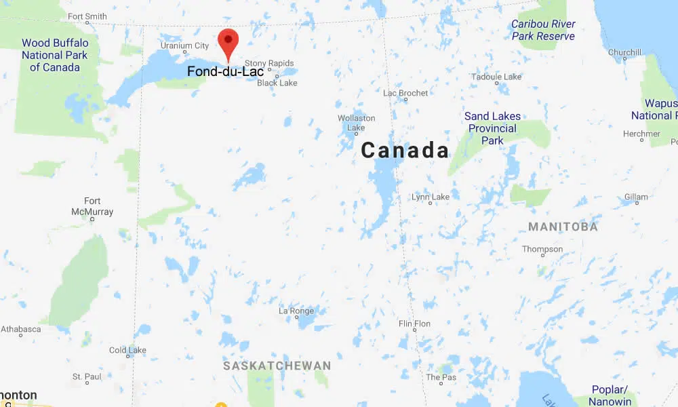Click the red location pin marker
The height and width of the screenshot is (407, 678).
click(228, 43)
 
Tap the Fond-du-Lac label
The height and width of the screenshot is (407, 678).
click(226, 71)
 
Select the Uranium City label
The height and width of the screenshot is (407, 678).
click(184, 46)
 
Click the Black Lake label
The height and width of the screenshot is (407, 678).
click(277, 83)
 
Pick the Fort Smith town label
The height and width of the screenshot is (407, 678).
click(87, 16)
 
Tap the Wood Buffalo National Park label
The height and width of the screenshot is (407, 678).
click(55, 55)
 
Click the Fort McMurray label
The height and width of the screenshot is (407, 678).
click(92, 206)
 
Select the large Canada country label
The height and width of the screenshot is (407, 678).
click(405, 151)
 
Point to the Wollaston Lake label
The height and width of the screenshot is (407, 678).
click(356, 123)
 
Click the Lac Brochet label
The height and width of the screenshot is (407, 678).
click(405, 93)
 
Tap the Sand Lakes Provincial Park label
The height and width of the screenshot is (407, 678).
click(493, 128)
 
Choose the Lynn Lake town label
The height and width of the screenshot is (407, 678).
click(431, 197)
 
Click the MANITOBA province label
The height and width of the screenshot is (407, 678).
click(563, 227)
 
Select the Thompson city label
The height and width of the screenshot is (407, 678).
click(542, 249)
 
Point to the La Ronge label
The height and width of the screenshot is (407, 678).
click(296, 311)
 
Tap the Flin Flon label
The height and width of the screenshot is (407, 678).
click(414, 324)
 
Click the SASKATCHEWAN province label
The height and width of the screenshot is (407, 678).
click(277, 366)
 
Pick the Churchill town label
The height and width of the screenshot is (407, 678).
click(624, 52)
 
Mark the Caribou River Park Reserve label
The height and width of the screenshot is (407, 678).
click(543, 30)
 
